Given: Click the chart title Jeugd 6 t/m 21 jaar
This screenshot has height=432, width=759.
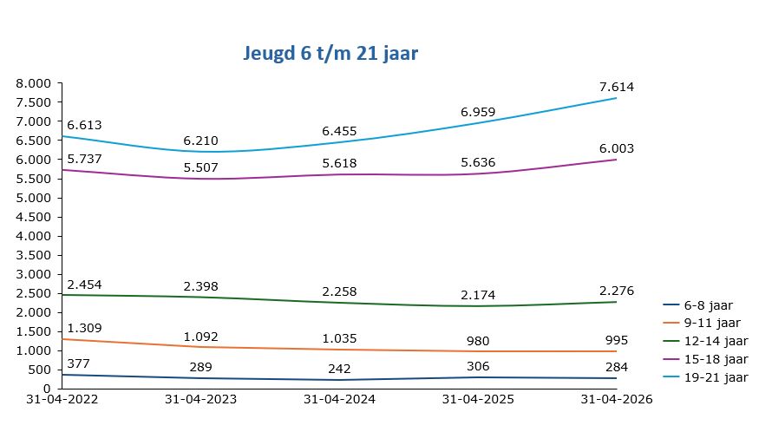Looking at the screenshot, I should (330, 54).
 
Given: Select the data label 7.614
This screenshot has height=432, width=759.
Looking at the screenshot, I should (616, 87).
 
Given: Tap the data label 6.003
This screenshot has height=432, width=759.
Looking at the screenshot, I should (616, 148).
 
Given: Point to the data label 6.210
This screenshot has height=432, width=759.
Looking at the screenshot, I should (200, 141).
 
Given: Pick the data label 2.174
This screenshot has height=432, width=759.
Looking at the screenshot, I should (478, 295).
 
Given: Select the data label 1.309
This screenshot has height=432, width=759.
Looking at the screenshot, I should (84, 328).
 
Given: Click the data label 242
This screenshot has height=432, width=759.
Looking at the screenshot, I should (339, 369).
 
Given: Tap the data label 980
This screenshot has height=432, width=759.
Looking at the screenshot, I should (478, 340).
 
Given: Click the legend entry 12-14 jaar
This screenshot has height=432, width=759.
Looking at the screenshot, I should (715, 341).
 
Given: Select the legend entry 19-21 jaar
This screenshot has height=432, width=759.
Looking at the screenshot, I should (715, 377).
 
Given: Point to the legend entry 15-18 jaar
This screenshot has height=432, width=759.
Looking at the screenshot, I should (715, 359).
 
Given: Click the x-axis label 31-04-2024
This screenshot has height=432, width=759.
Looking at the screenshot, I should (339, 400).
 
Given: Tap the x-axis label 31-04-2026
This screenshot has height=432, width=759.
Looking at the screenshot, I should (616, 400).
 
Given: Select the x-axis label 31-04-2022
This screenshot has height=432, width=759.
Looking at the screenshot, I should (62, 400).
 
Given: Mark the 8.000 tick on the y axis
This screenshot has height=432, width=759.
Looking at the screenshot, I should (35, 83).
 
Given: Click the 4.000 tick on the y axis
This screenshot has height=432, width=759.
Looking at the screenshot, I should (35, 236).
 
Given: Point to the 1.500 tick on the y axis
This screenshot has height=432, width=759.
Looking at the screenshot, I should (35, 331).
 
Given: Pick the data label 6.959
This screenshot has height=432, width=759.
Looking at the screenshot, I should (478, 112).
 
